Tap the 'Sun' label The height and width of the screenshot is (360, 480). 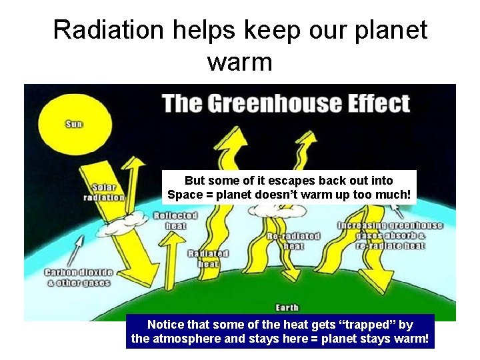74,124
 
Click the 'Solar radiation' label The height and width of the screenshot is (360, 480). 104,193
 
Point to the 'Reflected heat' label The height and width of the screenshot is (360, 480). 175,221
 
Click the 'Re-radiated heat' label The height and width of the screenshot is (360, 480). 293,241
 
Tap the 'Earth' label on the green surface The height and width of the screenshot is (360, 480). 288,307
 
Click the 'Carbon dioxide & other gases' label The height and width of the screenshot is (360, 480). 79,277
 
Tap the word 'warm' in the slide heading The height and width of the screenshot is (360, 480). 239,62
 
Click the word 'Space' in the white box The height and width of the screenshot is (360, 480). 183,195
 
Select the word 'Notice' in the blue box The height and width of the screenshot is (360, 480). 165,325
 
